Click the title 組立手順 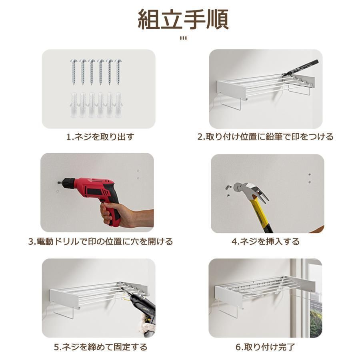coord(183,19)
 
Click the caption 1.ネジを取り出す coord(100,137)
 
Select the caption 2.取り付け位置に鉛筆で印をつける coord(265,137)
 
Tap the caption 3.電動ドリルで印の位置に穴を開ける coord(100,241)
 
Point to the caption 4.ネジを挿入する coord(265,241)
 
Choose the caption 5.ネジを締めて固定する coord(100,347)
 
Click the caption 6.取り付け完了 coord(265,347)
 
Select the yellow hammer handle coord(263,216)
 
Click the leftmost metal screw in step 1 coord(74,72)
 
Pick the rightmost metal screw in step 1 coord(118,72)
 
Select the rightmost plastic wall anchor coord(118,105)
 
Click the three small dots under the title coord(183,38)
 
